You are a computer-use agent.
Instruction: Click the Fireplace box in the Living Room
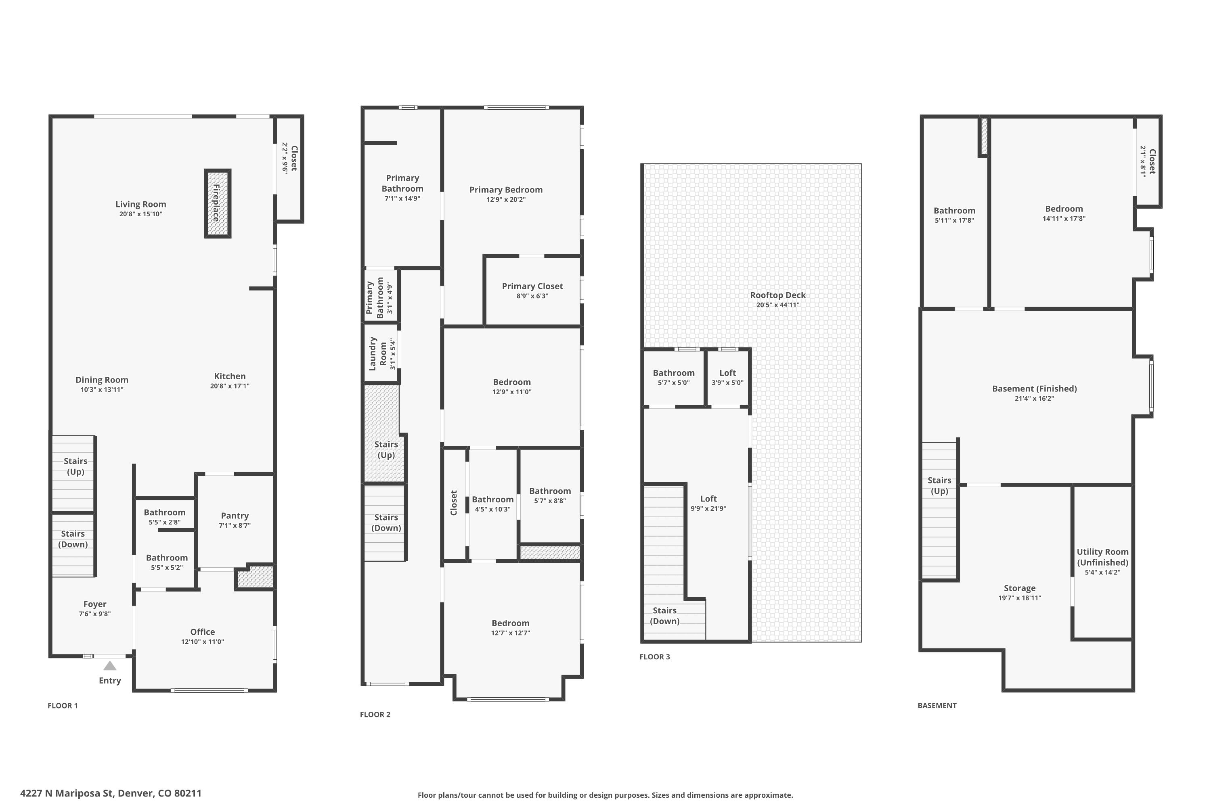pyautogui.click(x=217, y=204)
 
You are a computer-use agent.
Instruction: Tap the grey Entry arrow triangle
pyautogui.click(x=110, y=666)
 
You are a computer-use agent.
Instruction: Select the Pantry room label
pyautogui.click(x=235, y=516)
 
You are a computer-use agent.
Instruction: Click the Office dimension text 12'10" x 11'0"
pyautogui.click(x=202, y=642)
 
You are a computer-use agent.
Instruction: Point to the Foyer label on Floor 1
pyautogui.click(x=95, y=604)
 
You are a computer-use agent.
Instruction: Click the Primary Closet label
pyautogui.click(x=532, y=286)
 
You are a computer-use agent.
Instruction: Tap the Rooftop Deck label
pyautogui.click(x=777, y=295)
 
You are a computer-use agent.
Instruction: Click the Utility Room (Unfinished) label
pyautogui.click(x=1102, y=557)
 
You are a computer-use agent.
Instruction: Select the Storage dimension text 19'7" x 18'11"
pyautogui.click(x=1020, y=598)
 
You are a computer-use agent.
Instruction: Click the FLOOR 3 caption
pyautogui.click(x=654, y=657)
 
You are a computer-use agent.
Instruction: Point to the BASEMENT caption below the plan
pyautogui.click(x=937, y=706)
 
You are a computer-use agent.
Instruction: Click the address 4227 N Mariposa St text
pyautogui.click(x=111, y=793)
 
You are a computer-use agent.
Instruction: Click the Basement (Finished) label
pyautogui.click(x=1034, y=389)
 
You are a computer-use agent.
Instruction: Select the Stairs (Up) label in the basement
pyautogui.click(x=939, y=485)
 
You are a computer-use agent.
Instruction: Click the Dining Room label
pyautogui.click(x=102, y=380)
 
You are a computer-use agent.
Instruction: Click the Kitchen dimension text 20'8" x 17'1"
pyautogui.click(x=230, y=386)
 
